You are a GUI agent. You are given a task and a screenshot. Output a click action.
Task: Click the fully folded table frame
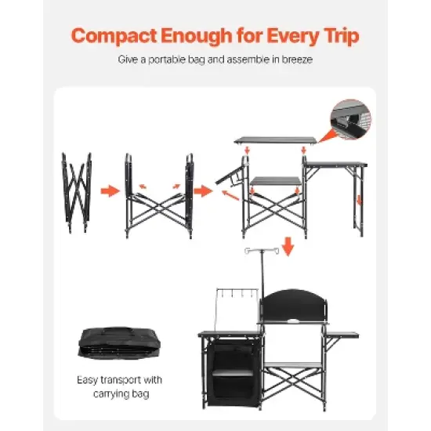[76, 191]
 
